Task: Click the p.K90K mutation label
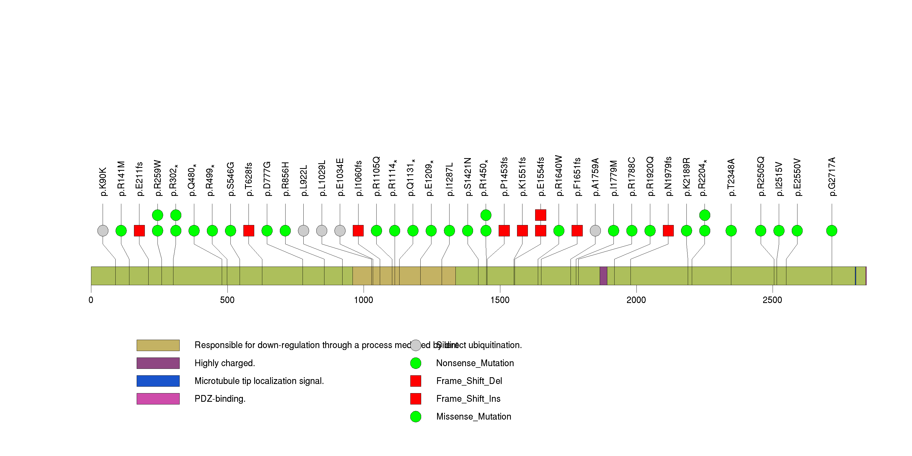click(103, 182)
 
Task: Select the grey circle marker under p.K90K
click(103, 231)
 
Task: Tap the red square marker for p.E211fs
click(139, 231)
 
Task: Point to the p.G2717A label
click(832, 177)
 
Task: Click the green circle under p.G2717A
click(832, 231)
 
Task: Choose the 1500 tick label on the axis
click(500, 300)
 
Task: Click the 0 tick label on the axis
click(91, 300)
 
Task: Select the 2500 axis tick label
click(773, 300)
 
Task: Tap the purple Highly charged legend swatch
click(158, 363)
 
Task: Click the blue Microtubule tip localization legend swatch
click(158, 381)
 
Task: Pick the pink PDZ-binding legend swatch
click(158, 399)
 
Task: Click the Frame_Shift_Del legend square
click(416, 381)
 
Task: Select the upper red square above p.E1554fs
click(541, 215)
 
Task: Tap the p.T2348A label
click(732, 178)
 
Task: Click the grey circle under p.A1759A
click(595, 231)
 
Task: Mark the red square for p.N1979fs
click(668, 231)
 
